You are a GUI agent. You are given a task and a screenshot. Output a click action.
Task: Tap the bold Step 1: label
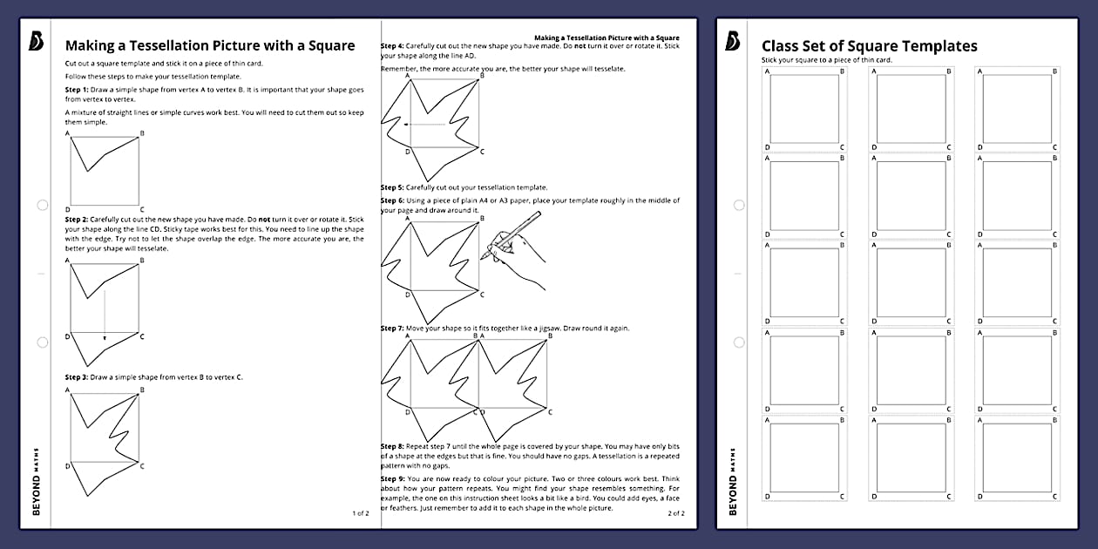77,90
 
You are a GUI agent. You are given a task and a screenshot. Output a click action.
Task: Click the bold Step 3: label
77,377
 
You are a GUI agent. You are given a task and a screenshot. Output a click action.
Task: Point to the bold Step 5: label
392,187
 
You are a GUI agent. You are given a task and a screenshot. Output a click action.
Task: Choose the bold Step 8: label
392,445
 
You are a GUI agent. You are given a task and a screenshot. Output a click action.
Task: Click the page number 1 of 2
361,513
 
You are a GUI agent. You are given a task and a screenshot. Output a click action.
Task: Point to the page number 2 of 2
676,513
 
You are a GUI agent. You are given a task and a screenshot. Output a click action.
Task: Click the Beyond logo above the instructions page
35,41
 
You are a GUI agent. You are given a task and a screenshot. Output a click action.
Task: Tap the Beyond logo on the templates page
732,41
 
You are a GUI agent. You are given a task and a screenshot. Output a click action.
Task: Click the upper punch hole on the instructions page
42,205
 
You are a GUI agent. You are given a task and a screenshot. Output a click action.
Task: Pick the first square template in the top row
805,110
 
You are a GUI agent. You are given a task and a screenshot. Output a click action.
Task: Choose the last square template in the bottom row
1018,457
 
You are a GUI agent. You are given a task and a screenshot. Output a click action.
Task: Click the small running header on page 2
607,38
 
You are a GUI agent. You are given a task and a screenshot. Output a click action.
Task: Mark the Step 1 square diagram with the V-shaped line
105,170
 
